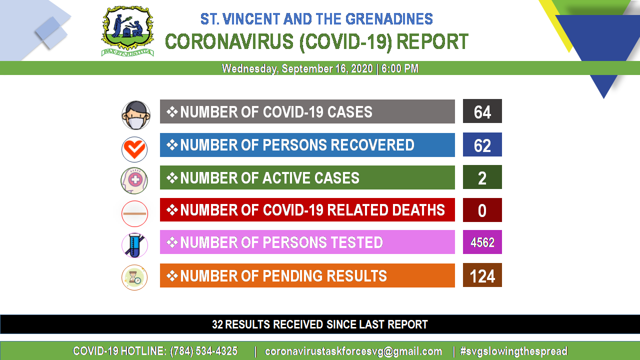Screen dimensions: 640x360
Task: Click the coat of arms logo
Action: [x=127, y=31]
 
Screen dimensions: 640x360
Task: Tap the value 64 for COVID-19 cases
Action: [x=482, y=112]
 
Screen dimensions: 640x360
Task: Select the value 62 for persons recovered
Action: [x=482, y=145]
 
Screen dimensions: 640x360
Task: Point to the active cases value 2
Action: [x=482, y=178]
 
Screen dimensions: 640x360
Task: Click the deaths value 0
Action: [x=482, y=211]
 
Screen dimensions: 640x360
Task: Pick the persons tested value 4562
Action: [x=482, y=242]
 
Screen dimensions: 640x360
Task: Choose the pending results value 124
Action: [x=482, y=276]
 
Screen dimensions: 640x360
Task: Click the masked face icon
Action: [x=135, y=115]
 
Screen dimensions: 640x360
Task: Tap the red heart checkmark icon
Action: [x=134, y=149]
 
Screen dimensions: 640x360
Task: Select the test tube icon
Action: [x=134, y=245]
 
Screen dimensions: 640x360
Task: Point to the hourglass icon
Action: [x=134, y=277]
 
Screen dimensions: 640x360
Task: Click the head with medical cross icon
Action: [x=134, y=180]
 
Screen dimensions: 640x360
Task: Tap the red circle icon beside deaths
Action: [x=134, y=213]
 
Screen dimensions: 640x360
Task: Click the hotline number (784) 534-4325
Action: [x=203, y=351]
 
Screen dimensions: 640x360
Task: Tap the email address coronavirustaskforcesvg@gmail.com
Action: [x=353, y=351]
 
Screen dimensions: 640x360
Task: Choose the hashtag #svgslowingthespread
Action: [x=513, y=351]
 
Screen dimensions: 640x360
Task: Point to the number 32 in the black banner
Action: [x=217, y=324]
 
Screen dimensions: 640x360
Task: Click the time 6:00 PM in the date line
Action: [x=399, y=68]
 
